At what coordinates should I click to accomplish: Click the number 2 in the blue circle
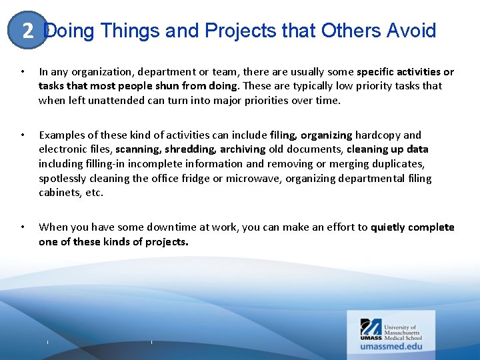27,31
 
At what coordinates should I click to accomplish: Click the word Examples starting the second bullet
62,135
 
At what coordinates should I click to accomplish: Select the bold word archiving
243,149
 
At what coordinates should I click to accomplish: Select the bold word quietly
388,227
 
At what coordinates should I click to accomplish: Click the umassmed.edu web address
391,346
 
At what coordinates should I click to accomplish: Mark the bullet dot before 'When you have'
23,227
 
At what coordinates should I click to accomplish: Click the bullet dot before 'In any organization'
23,71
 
